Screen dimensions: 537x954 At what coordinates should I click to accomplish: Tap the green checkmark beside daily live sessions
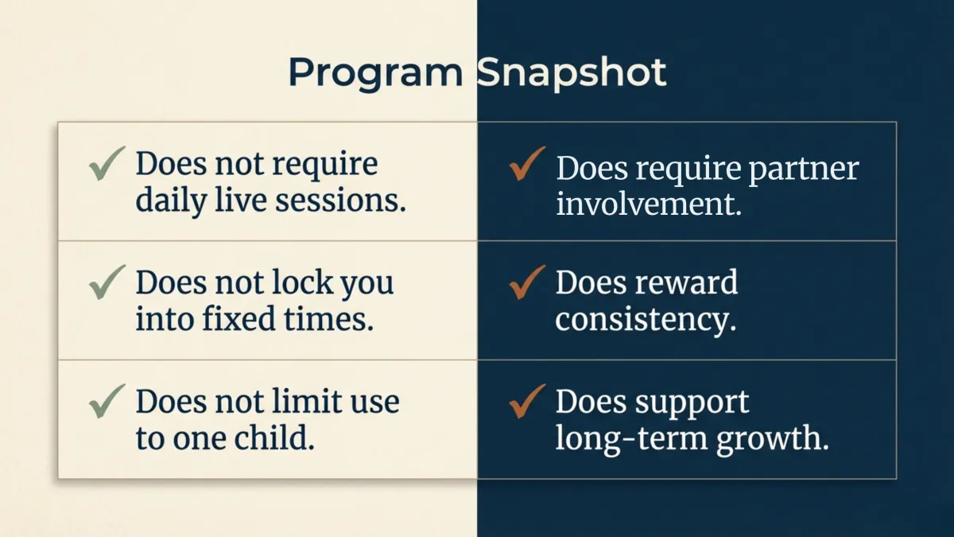click(x=106, y=165)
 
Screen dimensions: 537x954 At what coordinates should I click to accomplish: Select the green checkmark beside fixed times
click(x=106, y=283)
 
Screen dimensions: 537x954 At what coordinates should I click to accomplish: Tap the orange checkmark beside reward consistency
click(x=526, y=282)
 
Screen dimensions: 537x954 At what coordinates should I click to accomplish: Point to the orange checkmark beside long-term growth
click(x=526, y=401)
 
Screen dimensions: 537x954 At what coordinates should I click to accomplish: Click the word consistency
click(x=645, y=320)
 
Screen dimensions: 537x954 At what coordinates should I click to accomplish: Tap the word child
click(x=278, y=439)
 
